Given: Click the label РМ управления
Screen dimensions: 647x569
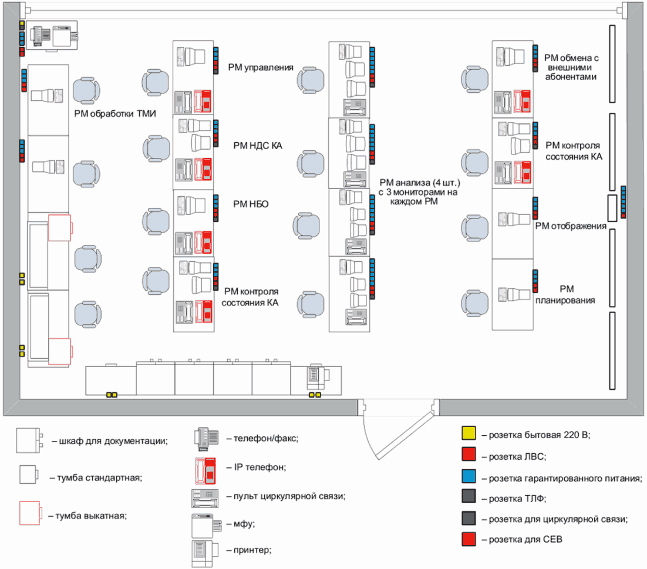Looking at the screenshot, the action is pos(260,68).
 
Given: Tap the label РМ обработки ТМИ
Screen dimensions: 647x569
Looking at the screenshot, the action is pos(115,113).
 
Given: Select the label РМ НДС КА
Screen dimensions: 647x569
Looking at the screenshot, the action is pos(258,145).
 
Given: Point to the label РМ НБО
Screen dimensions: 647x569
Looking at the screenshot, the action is pos(251,204).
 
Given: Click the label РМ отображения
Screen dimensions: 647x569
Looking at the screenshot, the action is pos(571,225).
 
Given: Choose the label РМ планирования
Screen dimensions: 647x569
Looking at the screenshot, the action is pos(565,295).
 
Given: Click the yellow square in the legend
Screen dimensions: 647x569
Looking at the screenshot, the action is pos(469,433).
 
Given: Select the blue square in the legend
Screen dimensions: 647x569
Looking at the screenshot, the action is pos(469,476).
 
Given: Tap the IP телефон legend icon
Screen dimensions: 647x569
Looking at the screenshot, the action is pos(205,470).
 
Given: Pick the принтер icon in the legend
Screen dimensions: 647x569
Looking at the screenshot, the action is pos(205,553).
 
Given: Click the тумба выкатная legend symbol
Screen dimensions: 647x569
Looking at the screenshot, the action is pos(31,513).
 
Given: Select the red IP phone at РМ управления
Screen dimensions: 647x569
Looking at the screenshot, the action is pos(203,101).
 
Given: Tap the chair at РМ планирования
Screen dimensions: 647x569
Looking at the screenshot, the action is pos(474,303).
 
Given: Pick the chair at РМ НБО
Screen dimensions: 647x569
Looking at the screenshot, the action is pos(156,221).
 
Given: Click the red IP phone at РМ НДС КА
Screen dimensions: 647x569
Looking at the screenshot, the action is pos(203,169).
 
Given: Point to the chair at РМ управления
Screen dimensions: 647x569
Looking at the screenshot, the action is pos(155,83).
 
